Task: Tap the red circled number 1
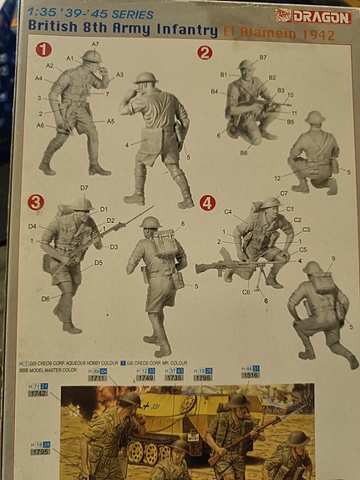coord(43,50)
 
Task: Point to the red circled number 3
coord(36,201)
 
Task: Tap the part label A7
coord(95,43)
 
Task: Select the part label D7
coord(84,188)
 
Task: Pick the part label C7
coord(284,193)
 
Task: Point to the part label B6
coord(244,153)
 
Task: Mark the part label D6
coord(45,298)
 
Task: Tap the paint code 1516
coord(251,376)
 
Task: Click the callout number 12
coord(277,177)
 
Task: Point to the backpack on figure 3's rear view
coord(165,242)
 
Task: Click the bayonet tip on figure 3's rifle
coord(152,208)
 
